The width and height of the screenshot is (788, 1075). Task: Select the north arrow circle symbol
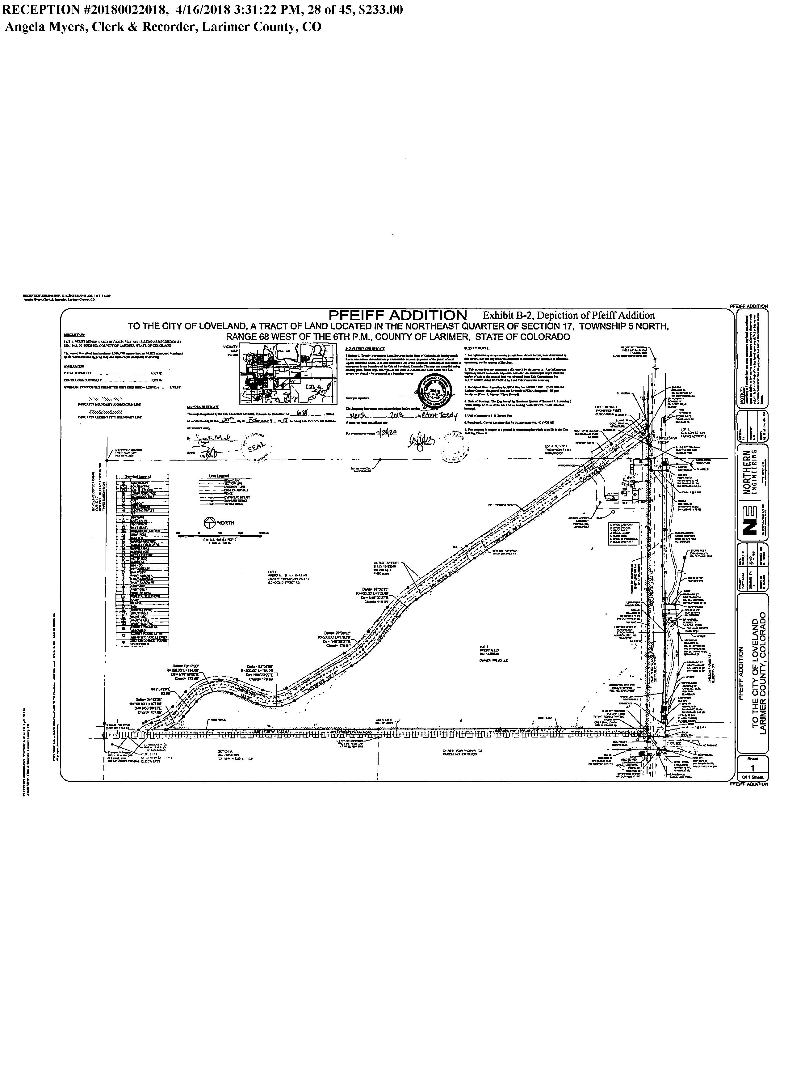click(x=208, y=522)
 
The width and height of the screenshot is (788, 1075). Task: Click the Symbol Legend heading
click(x=138, y=476)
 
